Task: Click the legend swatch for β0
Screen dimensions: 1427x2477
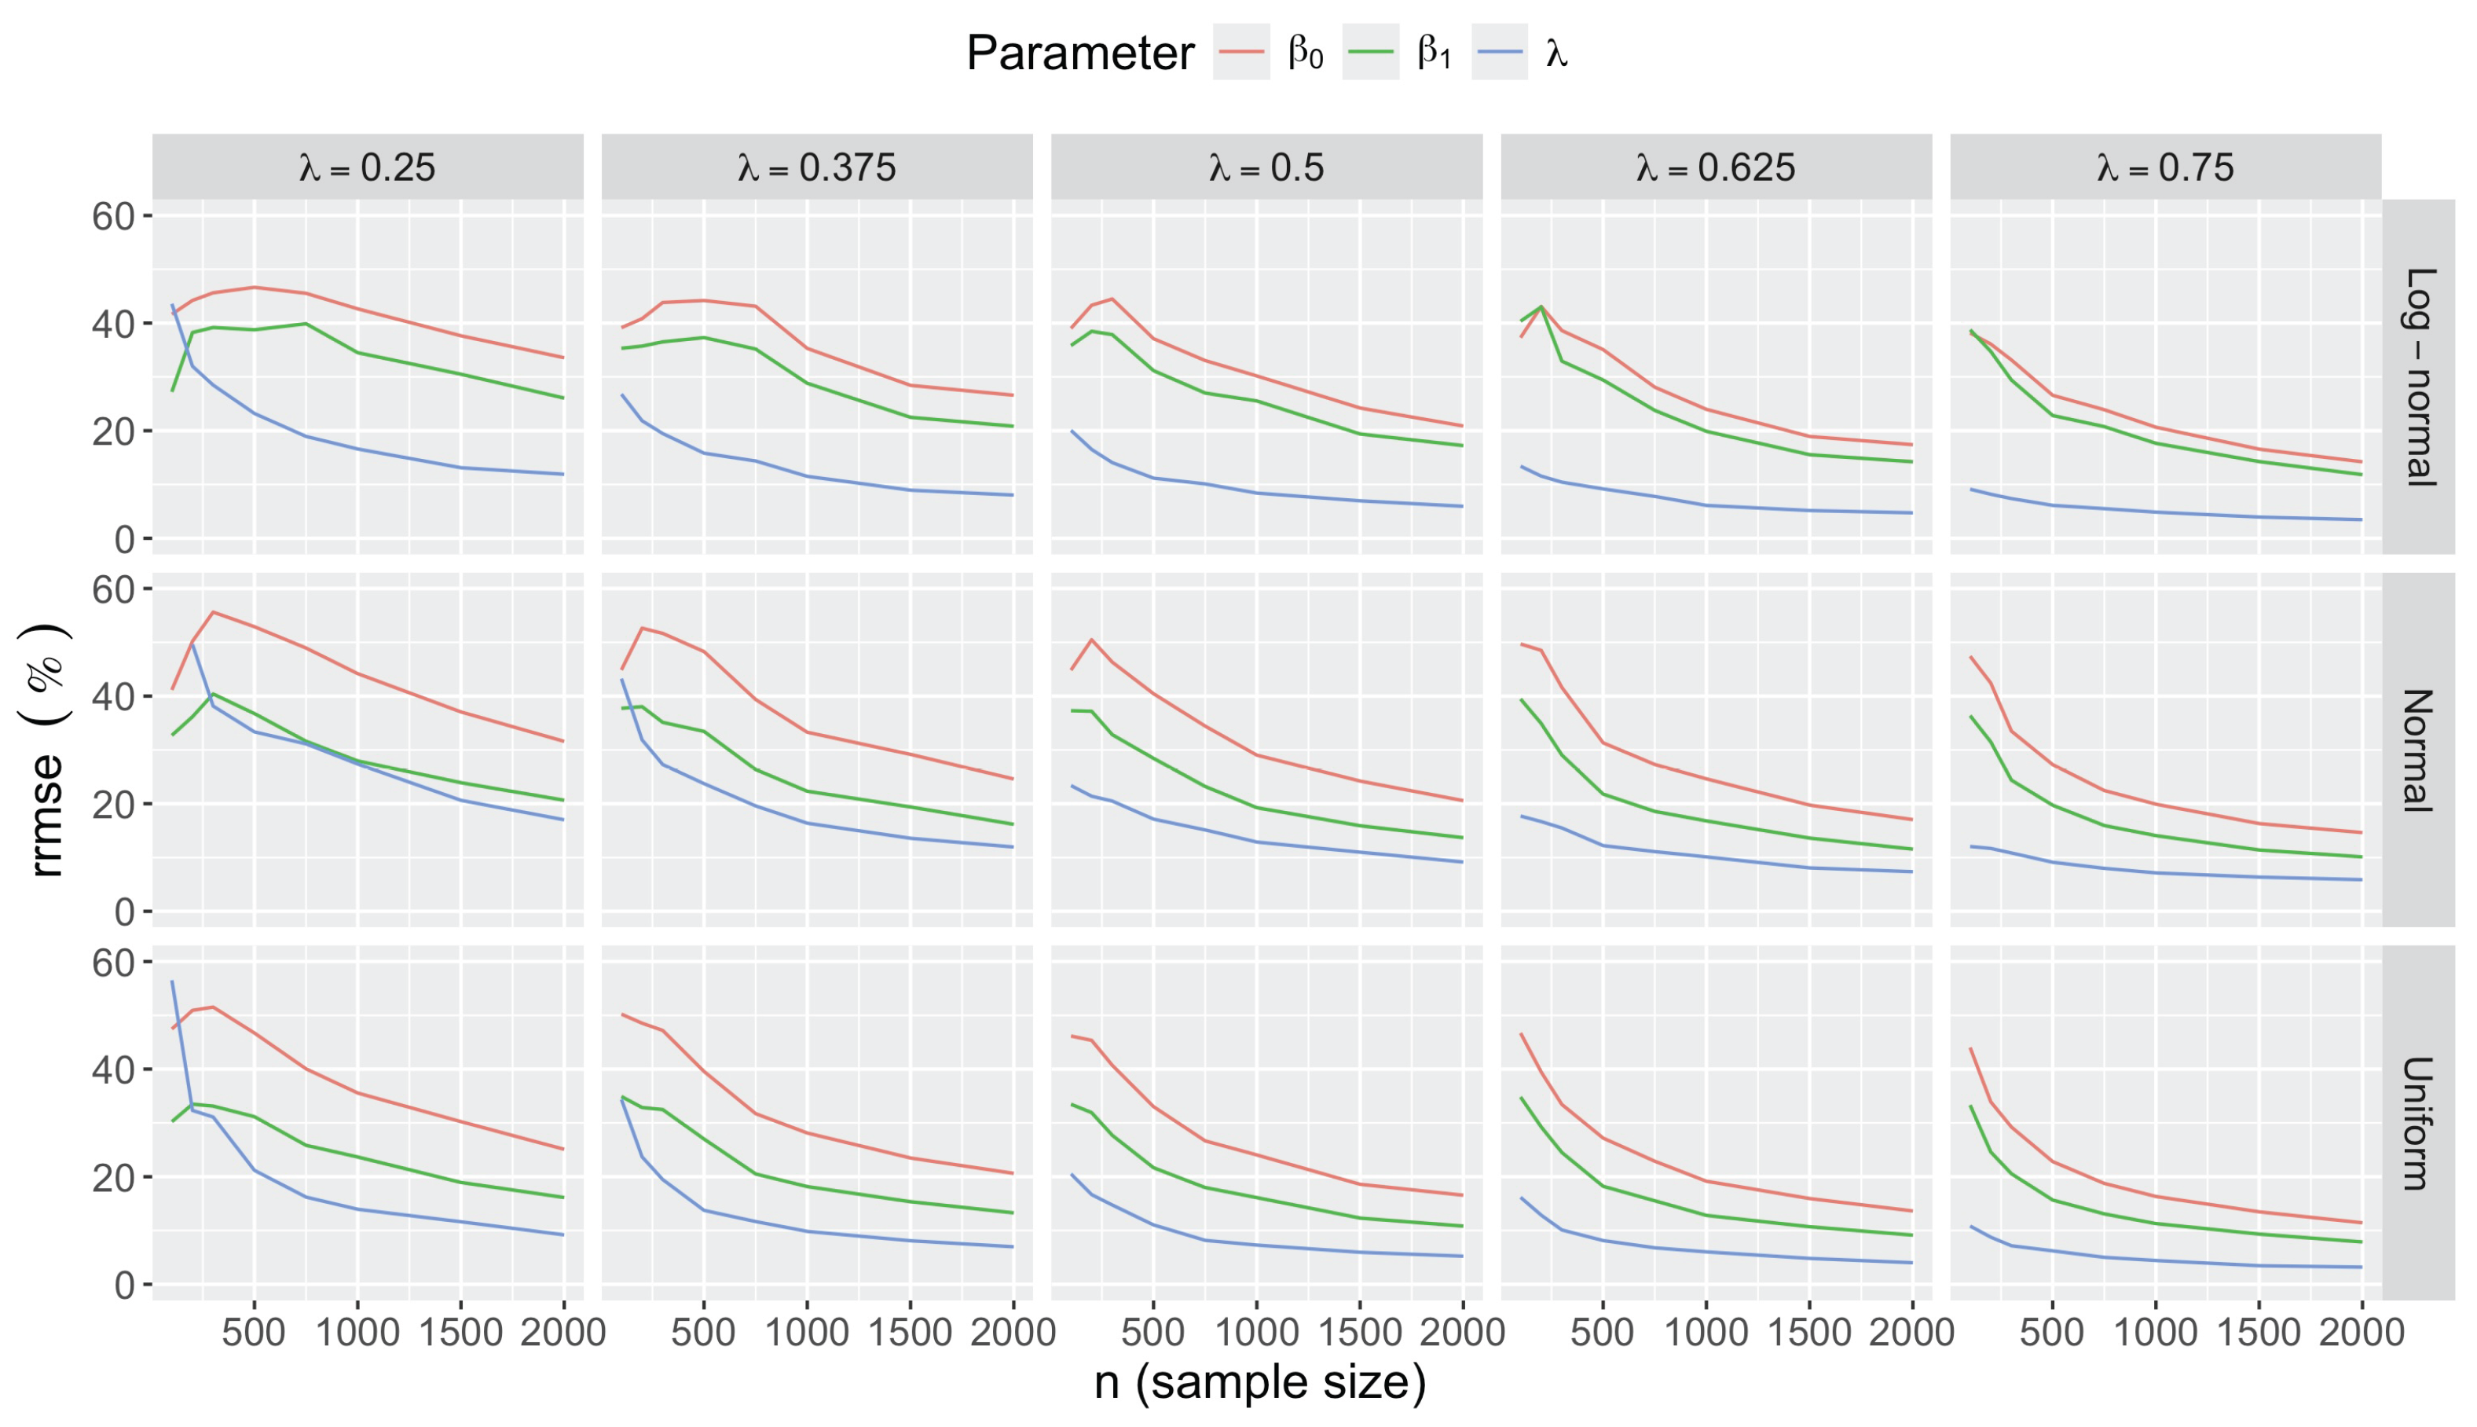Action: coord(1240,51)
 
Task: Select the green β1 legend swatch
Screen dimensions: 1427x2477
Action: coord(1370,51)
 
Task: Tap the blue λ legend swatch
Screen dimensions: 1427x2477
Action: coord(1499,51)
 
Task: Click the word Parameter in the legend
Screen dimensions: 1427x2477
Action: coord(1079,53)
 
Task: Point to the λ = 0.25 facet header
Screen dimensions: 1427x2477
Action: coord(368,167)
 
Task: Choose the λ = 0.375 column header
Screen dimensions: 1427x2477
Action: coord(816,167)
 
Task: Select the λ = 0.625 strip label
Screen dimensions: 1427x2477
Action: coord(1716,167)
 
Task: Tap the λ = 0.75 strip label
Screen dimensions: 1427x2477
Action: coord(2165,167)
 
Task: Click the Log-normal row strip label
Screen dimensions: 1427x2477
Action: coord(2418,376)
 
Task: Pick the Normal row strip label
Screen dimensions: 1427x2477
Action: coord(2418,750)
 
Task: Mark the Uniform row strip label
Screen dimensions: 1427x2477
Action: coord(2418,1123)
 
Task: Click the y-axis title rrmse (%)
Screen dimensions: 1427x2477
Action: coord(45,750)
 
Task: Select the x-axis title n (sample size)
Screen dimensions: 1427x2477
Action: coord(1260,1382)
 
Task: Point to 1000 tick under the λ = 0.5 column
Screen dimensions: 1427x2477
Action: coord(1256,1333)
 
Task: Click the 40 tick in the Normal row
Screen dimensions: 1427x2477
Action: coord(112,697)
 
